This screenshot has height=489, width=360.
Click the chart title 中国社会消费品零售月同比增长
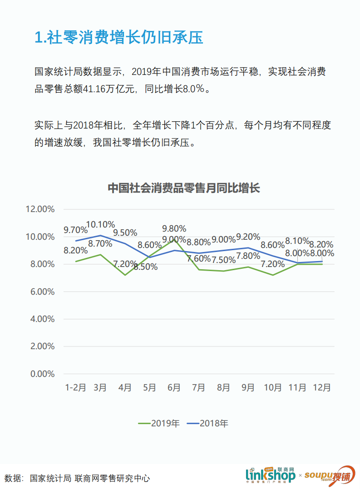(183, 188)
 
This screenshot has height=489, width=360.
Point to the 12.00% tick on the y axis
(40, 209)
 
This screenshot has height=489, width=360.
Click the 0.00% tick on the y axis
(42, 374)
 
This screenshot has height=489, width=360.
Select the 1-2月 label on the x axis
(75, 387)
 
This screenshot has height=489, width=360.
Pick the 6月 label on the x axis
(174, 387)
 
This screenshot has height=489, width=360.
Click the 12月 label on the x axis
(322, 387)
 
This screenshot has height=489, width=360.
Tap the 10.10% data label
(100, 224)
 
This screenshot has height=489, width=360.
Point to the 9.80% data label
(174, 228)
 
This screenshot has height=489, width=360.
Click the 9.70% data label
(75, 230)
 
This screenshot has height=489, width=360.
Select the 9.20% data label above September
(248, 237)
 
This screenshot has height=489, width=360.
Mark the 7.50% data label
(223, 260)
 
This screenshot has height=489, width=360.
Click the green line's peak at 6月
(174, 239)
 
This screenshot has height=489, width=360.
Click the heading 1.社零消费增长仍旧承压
(118, 37)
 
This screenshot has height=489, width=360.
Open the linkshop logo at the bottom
(271, 475)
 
